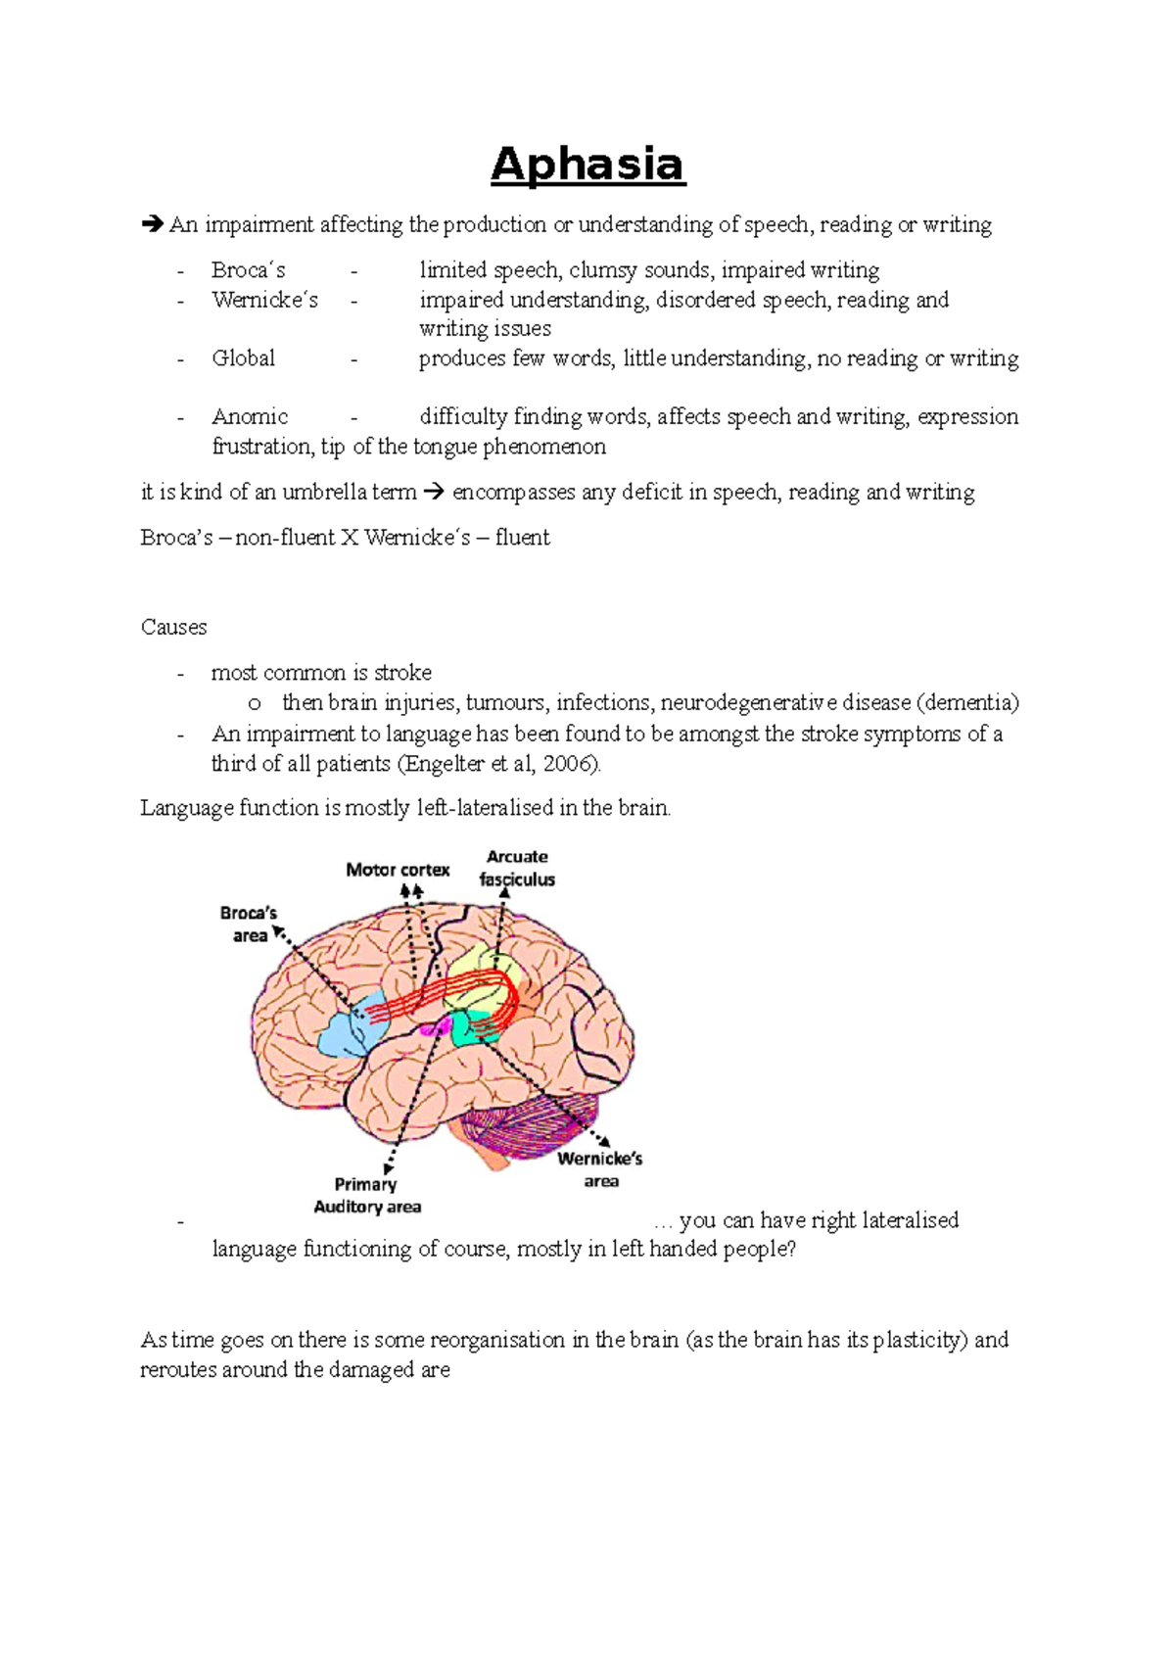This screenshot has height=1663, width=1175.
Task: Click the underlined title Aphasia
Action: coord(587,164)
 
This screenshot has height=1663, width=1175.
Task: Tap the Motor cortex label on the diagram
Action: coord(398,870)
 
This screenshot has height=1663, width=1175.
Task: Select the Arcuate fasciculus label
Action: coord(517,869)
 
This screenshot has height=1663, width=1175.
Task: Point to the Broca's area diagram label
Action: coord(249,925)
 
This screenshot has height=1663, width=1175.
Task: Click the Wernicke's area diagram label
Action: coord(600,1169)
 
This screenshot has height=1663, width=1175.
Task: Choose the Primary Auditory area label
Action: coord(367,1196)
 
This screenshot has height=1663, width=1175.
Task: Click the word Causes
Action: coord(173,628)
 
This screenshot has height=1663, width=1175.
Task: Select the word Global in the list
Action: coord(243,358)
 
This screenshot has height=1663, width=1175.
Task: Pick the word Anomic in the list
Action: coord(250,417)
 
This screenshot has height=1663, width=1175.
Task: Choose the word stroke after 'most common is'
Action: coord(402,673)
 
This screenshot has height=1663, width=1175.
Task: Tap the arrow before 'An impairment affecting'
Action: coord(152,225)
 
